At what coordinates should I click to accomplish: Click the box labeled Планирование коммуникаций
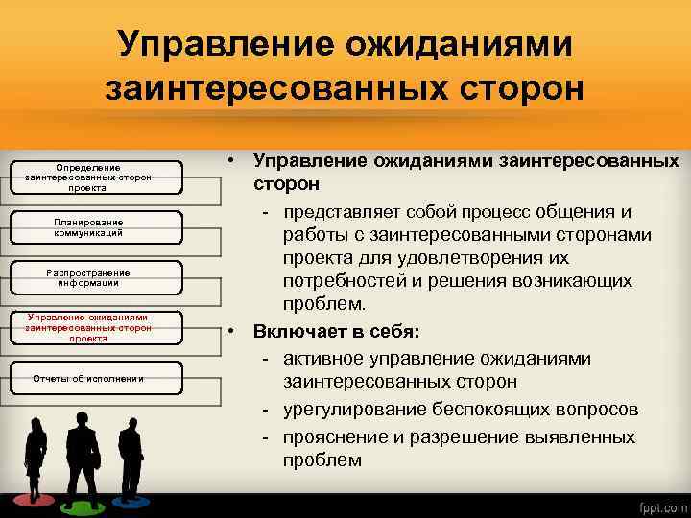point(87,227)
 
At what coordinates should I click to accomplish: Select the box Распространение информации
point(87,277)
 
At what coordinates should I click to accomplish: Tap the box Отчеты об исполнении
point(87,378)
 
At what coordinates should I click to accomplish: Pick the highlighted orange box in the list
point(87,327)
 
